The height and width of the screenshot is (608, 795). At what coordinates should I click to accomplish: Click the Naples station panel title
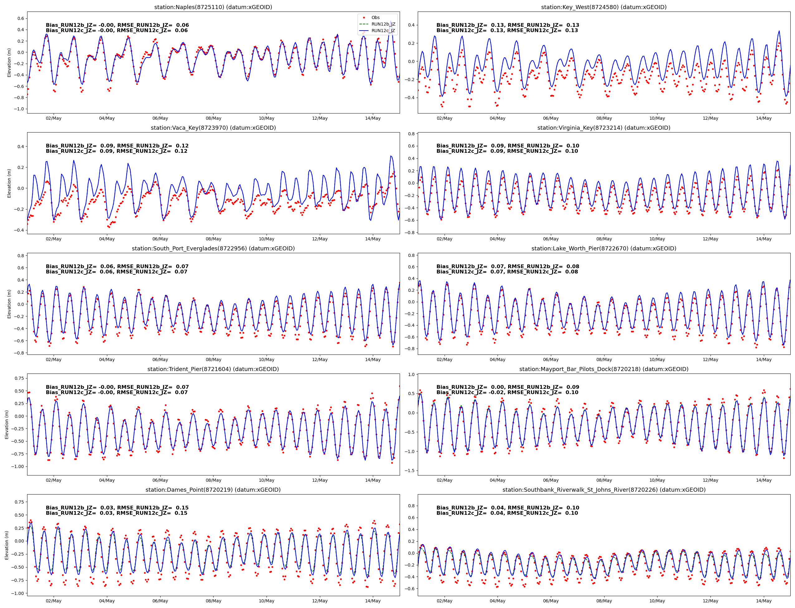click(x=213, y=7)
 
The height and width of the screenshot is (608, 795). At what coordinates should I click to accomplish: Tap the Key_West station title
click(x=604, y=7)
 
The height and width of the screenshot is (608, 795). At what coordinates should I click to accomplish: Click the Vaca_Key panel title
click(x=213, y=128)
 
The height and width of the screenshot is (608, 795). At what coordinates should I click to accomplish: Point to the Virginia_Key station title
click(x=604, y=128)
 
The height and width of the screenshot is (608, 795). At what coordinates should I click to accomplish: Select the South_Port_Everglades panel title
click(x=213, y=249)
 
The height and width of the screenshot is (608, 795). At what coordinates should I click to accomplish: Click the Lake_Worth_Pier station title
click(x=604, y=249)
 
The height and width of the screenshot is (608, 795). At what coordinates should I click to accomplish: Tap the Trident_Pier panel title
click(x=213, y=369)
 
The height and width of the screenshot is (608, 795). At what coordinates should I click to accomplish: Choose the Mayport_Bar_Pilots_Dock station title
click(x=604, y=369)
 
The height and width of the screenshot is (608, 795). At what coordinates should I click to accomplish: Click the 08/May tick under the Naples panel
click(x=214, y=118)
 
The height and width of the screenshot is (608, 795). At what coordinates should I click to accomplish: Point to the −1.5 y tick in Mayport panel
click(x=411, y=471)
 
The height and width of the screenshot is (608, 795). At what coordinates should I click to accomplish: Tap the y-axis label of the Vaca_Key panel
click(x=9, y=183)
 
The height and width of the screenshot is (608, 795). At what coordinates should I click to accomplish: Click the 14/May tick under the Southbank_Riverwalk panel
click(x=764, y=601)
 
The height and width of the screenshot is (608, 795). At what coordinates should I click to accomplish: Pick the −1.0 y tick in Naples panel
click(x=19, y=109)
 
